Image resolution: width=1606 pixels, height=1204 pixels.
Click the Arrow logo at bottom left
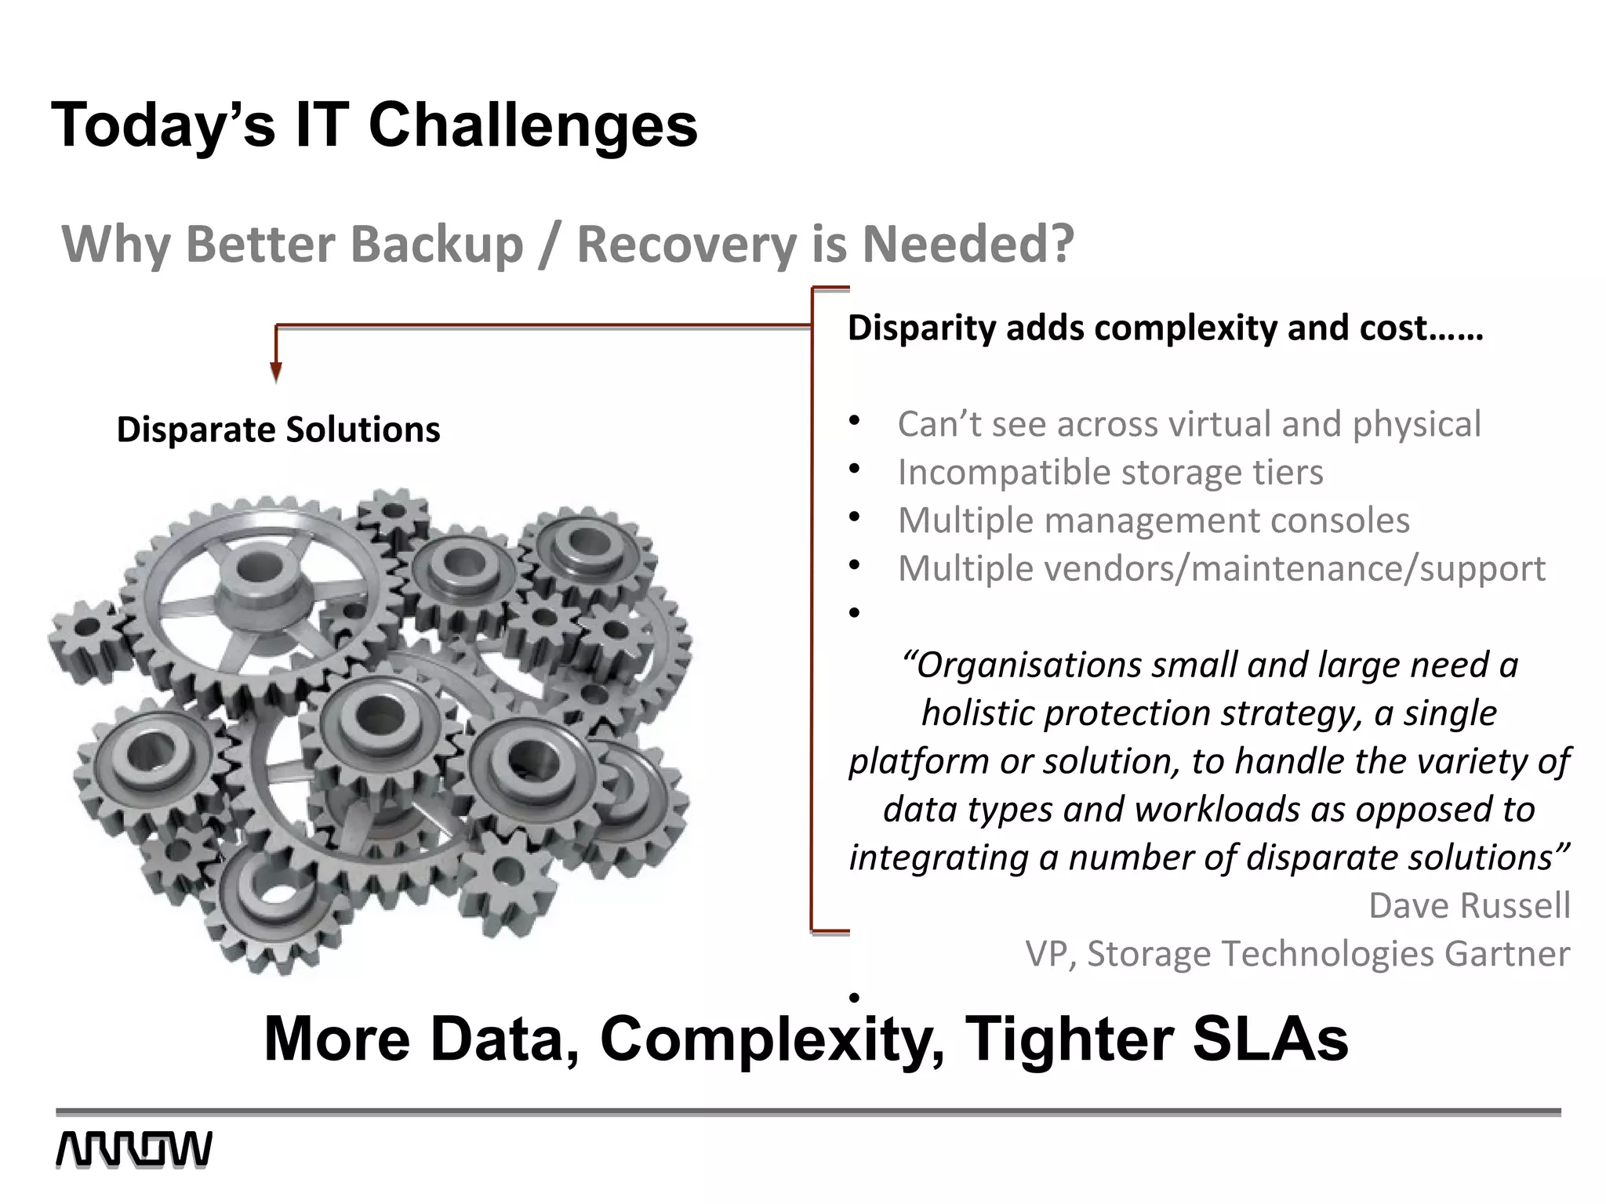133,1150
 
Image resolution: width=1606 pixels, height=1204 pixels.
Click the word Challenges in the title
533,125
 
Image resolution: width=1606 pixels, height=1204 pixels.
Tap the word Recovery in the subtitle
687,245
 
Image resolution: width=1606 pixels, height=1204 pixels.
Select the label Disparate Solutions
278,430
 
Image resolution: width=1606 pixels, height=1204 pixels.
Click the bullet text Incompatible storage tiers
1110,472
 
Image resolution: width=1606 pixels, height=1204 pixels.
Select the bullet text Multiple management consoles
1153,520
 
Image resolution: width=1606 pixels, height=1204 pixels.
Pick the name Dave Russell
1469,905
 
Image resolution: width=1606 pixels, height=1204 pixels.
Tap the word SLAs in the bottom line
1270,1039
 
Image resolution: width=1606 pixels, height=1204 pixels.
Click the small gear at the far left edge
86,628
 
